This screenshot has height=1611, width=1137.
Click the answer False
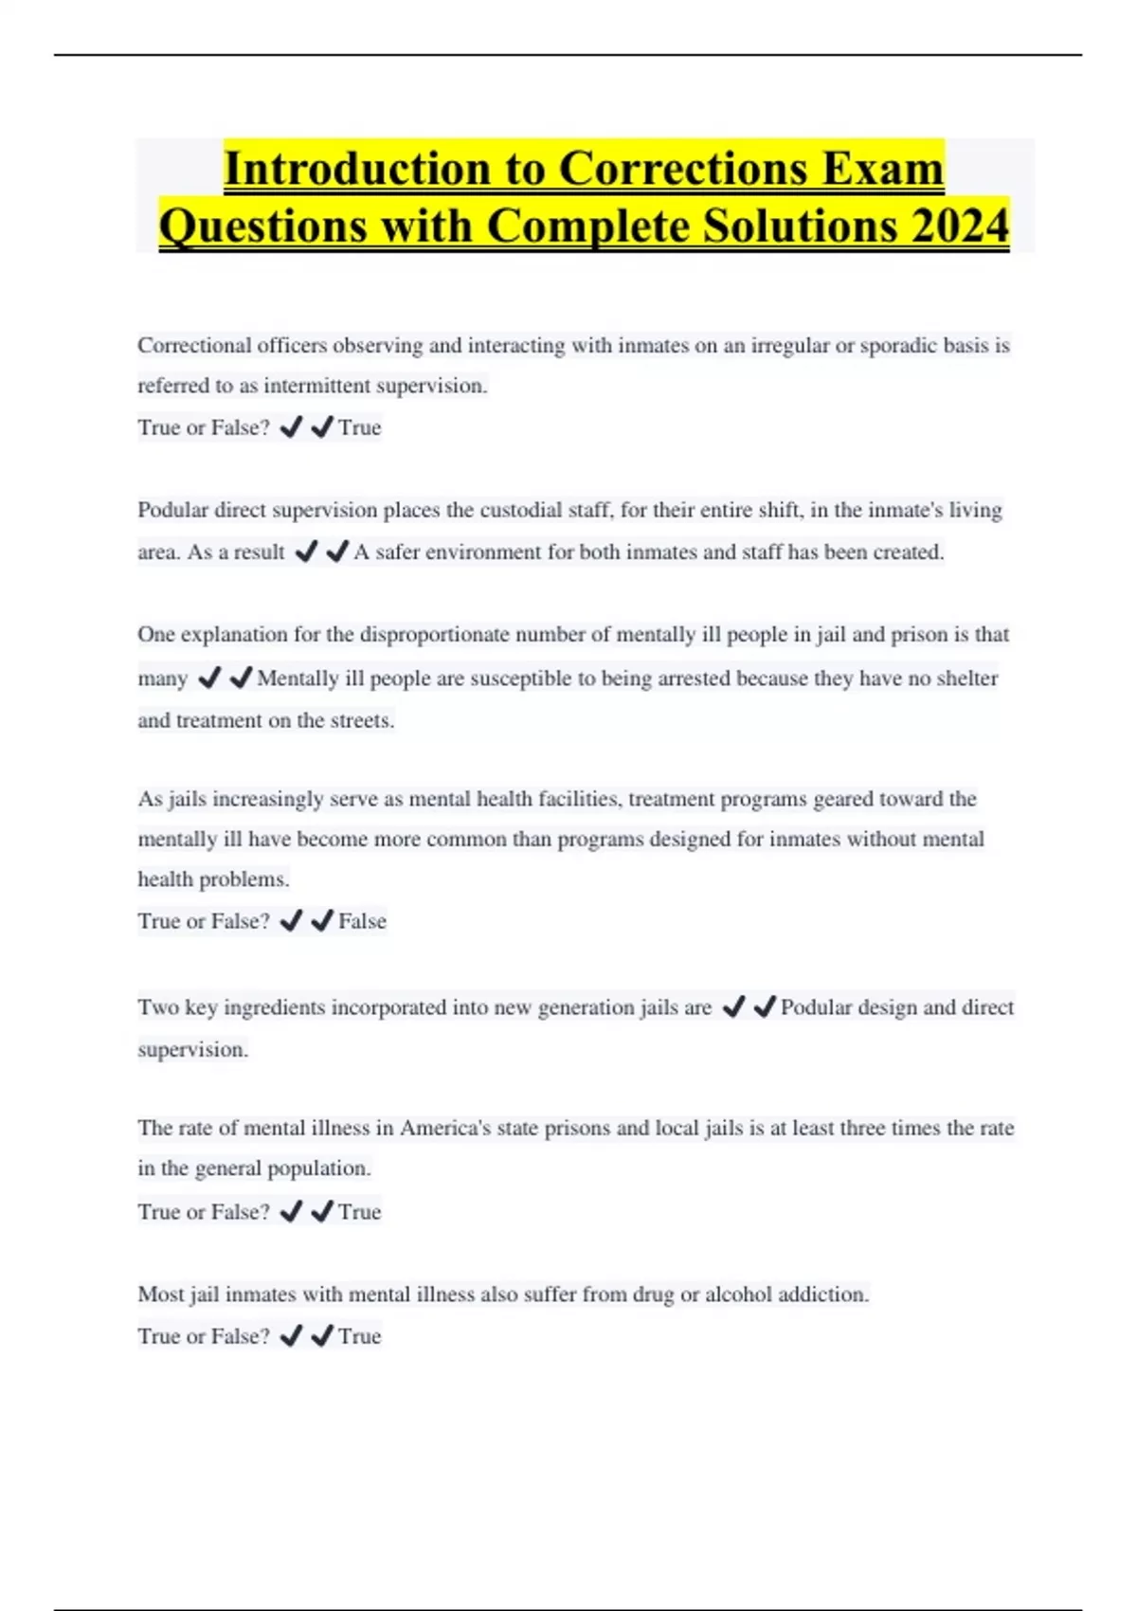tap(362, 921)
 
